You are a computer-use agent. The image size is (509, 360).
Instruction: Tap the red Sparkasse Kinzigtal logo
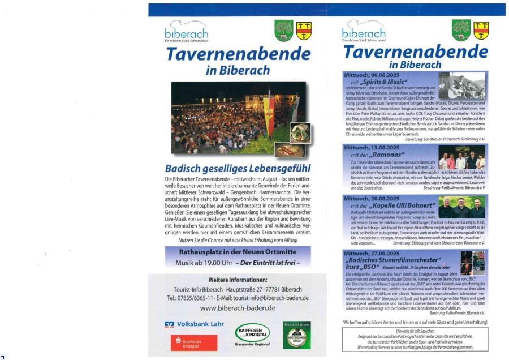193,342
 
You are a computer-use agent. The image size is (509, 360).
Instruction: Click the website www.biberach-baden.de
237,308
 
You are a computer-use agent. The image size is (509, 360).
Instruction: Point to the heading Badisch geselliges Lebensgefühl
237,169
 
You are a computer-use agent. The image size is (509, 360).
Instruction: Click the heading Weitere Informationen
238,280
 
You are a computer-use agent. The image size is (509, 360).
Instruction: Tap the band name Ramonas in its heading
388,155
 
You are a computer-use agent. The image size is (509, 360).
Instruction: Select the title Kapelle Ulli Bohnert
396,205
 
